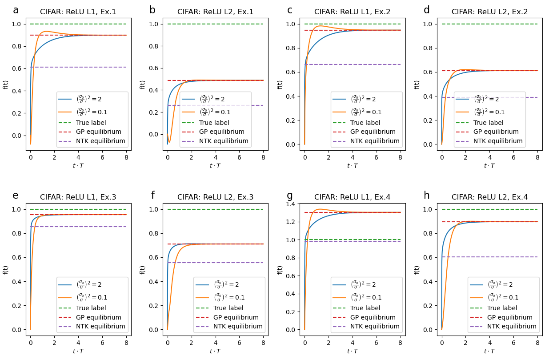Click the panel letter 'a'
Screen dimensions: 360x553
[x=16, y=11]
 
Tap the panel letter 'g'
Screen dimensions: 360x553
[x=290, y=196]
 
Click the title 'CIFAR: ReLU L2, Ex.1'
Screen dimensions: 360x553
[x=215, y=12]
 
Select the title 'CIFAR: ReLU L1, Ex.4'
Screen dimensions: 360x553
[x=352, y=197]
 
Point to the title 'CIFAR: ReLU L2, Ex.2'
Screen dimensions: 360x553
[x=489, y=12]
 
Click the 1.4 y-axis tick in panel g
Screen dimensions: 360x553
[x=292, y=204]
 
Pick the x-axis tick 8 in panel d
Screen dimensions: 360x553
[x=537, y=157]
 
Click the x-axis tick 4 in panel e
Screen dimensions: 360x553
[x=78, y=343]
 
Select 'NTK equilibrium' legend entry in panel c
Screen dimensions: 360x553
[x=375, y=141]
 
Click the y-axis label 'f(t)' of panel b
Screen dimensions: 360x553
[x=143, y=84]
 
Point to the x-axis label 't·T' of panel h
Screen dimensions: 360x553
[x=489, y=351]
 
